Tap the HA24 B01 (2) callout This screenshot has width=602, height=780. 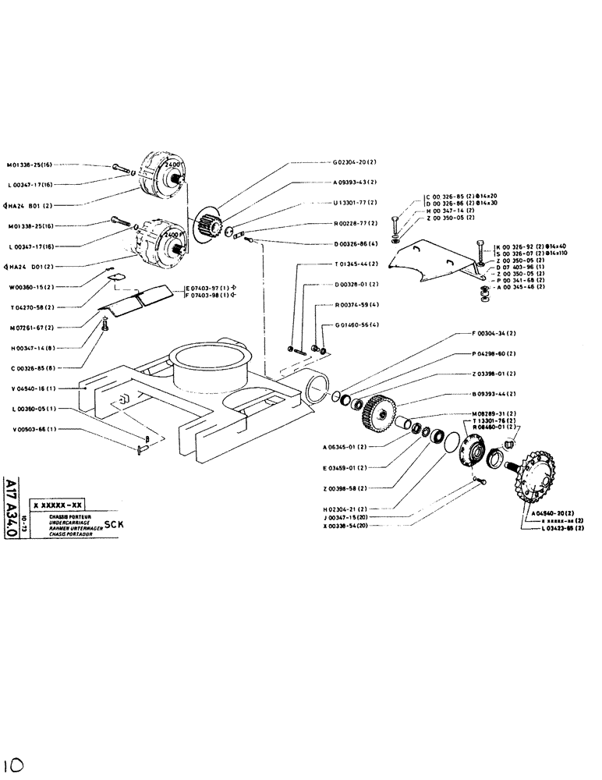tap(30, 206)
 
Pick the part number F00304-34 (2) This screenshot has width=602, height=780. tap(498, 334)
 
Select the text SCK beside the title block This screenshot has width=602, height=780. tap(115, 524)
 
